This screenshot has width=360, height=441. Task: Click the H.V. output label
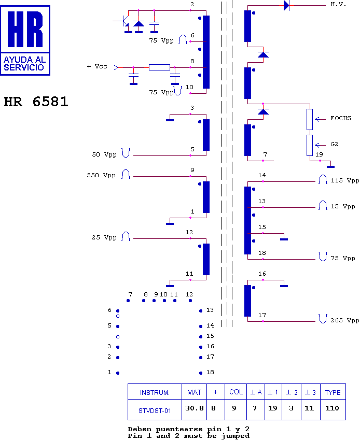click(x=338, y=5)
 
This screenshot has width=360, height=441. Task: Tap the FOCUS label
click(x=341, y=118)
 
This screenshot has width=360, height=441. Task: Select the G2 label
click(x=334, y=144)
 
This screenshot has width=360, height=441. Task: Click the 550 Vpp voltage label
click(x=101, y=175)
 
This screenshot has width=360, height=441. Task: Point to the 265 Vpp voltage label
click(x=344, y=320)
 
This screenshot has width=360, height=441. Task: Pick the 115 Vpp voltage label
click(x=345, y=180)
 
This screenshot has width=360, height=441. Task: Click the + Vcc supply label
click(x=97, y=66)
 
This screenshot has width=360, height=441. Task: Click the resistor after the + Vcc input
click(x=159, y=67)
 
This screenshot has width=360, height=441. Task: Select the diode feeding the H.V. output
click(x=286, y=5)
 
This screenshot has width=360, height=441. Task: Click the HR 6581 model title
click(x=36, y=102)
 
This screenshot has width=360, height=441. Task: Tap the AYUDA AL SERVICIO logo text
click(x=24, y=64)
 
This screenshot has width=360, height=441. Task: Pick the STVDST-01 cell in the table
click(x=155, y=411)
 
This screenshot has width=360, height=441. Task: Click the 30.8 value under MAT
click(x=194, y=408)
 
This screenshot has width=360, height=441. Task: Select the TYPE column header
click(x=333, y=392)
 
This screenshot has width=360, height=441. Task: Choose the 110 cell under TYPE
click(x=332, y=408)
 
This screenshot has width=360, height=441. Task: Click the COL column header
click(x=236, y=392)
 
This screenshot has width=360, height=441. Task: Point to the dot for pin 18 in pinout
click(x=201, y=373)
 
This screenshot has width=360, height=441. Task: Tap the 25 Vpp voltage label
click(x=104, y=237)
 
